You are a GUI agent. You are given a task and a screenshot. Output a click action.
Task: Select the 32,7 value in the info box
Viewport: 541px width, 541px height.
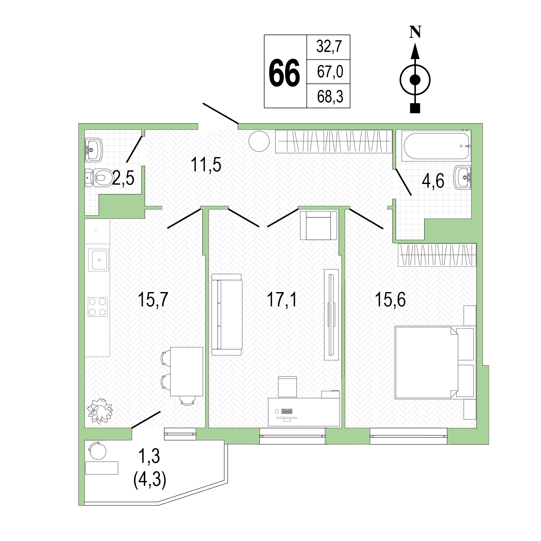[329, 47]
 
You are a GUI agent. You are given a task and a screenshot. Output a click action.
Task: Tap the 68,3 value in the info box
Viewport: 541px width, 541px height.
[330, 97]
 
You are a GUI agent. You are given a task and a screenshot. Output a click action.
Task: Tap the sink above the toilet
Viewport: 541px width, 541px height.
[94, 150]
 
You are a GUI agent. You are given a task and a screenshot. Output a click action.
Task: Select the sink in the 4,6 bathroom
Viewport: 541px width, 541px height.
[462, 177]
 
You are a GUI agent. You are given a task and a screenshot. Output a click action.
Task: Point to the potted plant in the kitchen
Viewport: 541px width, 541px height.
[100, 411]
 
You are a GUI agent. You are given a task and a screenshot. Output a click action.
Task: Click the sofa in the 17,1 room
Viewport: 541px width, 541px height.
[227, 315]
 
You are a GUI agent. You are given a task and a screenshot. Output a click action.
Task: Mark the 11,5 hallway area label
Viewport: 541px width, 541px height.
[206, 165]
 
